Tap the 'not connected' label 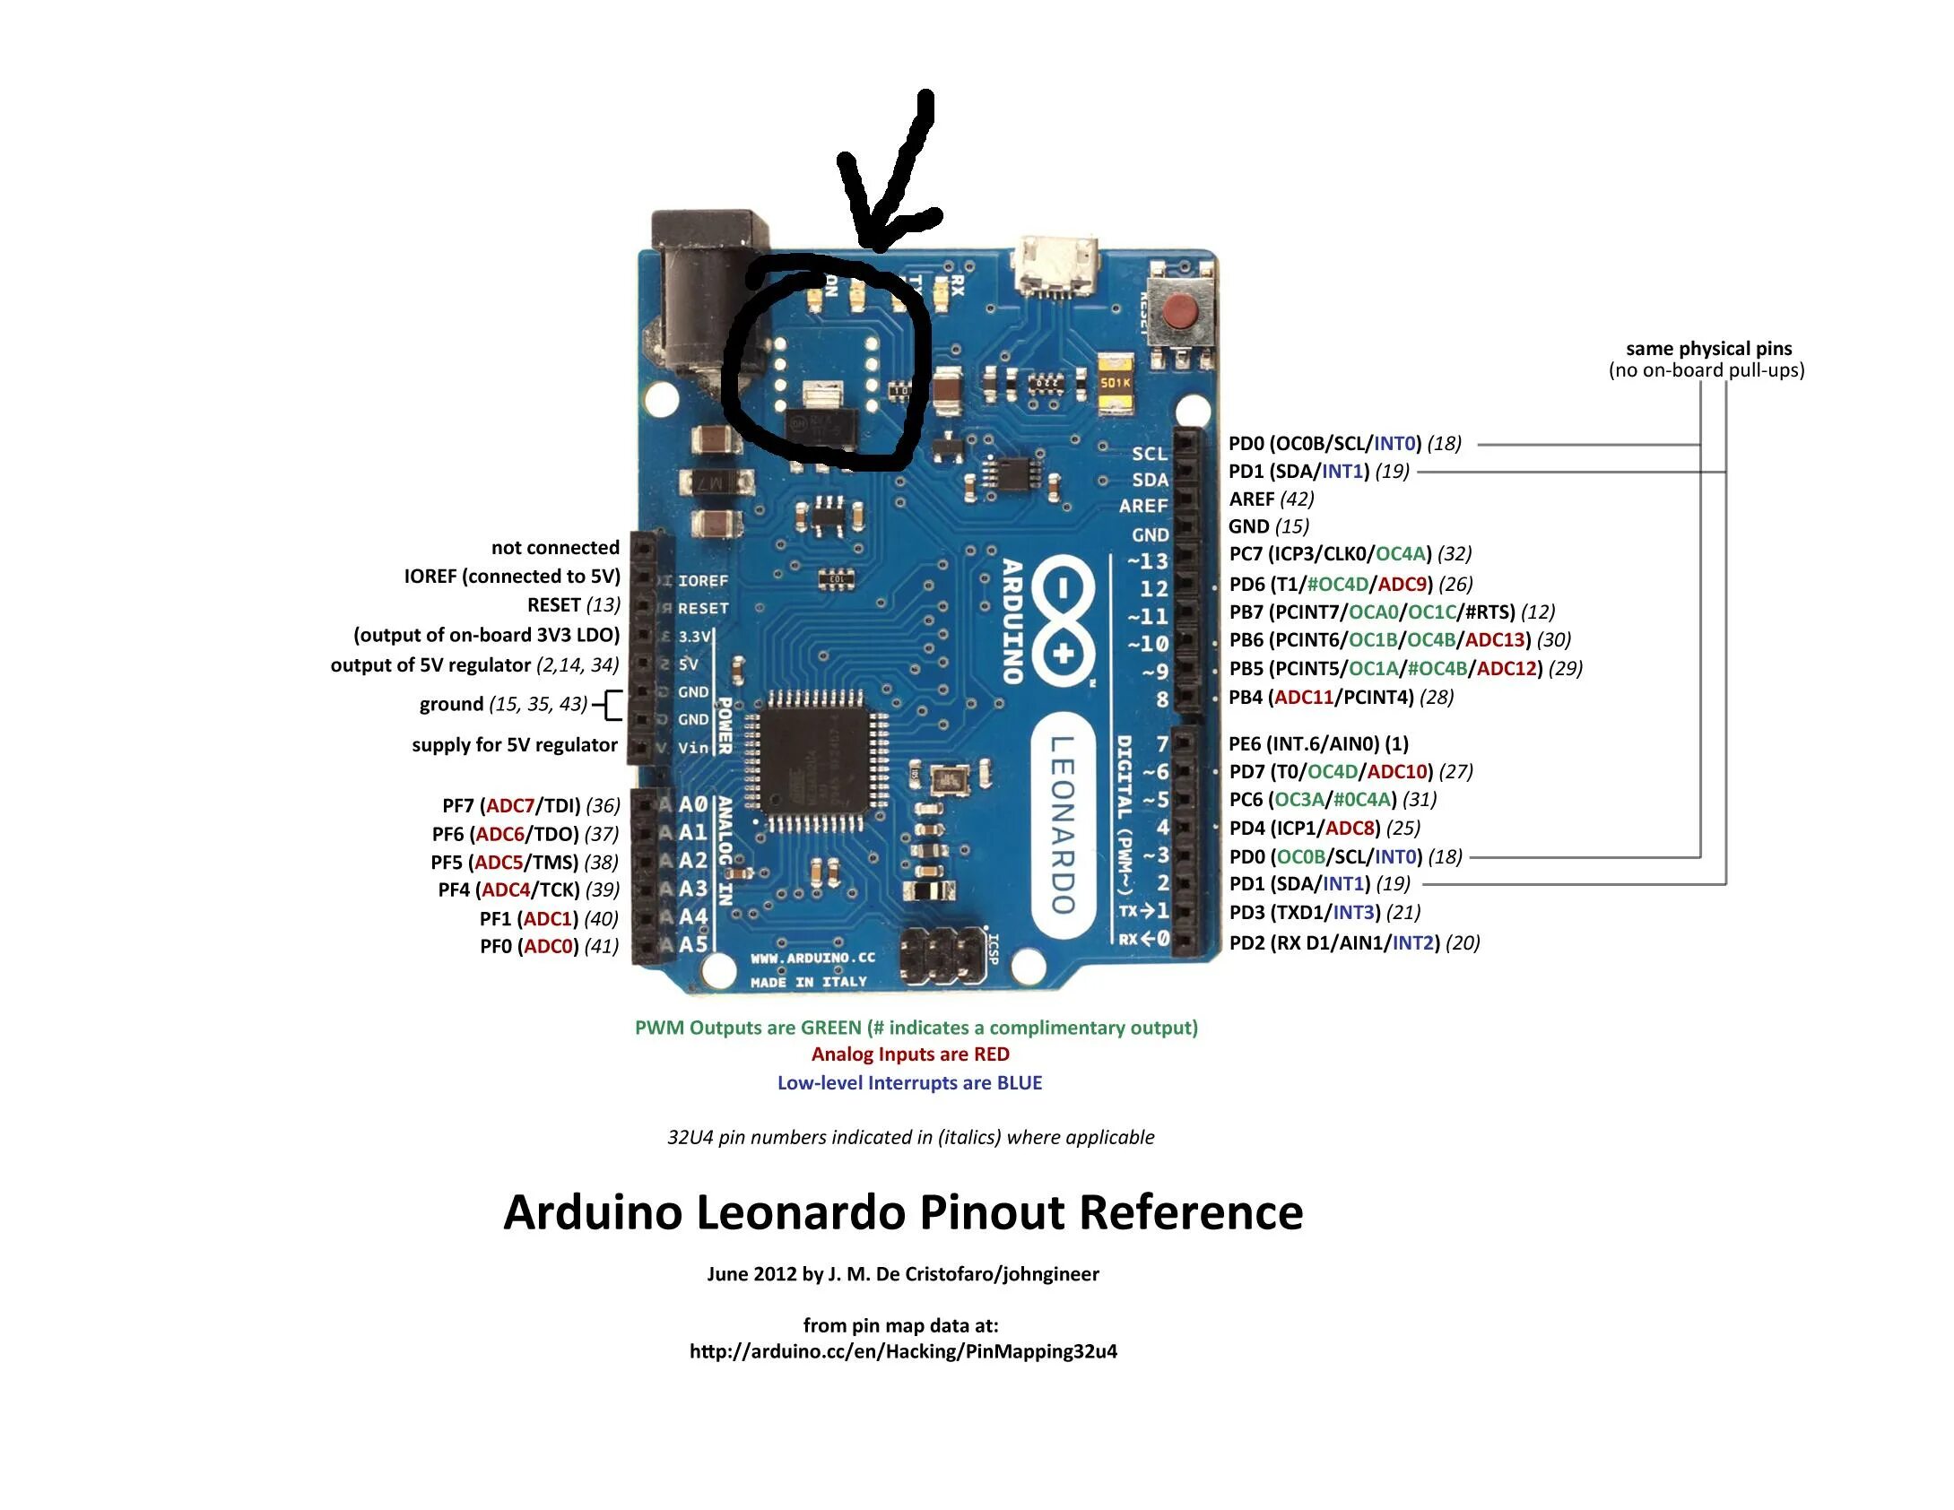click(555, 547)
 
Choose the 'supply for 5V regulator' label click(514, 744)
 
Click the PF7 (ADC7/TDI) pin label click(530, 805)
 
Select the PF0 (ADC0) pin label click(549, 946)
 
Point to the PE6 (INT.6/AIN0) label click(1317, 743)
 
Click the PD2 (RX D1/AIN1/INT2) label click(1353, 942)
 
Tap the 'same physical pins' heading click(1708, 349)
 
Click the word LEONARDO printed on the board click(1063, 824)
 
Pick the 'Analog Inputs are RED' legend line click(910, 1054)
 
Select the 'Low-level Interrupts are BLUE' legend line click(909, 1082)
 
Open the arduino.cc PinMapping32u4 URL click(903, 1351)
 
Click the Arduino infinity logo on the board click(1063, 619)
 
